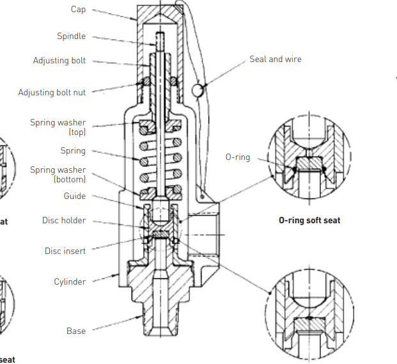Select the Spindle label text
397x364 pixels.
coord(71,36)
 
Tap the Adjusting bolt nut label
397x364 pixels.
coord(52,93)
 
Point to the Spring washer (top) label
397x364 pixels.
coord(58,127)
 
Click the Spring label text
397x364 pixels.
coord(73,151)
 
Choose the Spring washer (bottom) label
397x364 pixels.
coord(58,175)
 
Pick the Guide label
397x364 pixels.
coord(74,196)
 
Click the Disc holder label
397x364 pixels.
coord(64,221)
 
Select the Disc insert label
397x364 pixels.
coord(65,251)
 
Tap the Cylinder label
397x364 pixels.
coord(70,281)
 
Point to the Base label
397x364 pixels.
coord(76,331)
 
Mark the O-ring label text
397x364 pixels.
coord(238,157)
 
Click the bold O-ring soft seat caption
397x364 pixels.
coord(309,221)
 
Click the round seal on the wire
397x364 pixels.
coord(198,90)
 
